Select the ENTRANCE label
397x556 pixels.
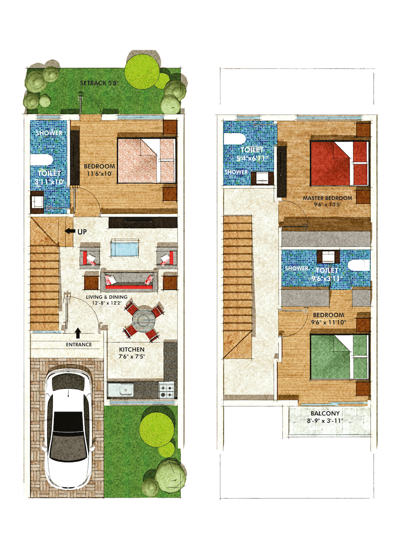point(79,344)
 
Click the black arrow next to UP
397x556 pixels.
point(70,231)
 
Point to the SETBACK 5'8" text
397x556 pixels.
point(99,83)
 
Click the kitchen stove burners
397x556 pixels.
point(166,391)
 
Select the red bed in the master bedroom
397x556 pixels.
point(339,163)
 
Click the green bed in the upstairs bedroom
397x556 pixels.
point(339,357)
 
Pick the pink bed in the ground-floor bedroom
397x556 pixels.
point(147,160)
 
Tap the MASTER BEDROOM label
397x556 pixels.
point(328,198)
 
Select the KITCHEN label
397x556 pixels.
point(132,349)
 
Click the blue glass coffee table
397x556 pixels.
point(124,248)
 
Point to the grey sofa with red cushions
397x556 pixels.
point(129,281)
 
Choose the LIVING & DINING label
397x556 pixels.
point(107,297)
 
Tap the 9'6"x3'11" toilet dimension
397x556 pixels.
point(327,279)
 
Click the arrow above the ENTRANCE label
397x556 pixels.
point(78,332)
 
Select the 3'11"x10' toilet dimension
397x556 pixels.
point(49,182)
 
